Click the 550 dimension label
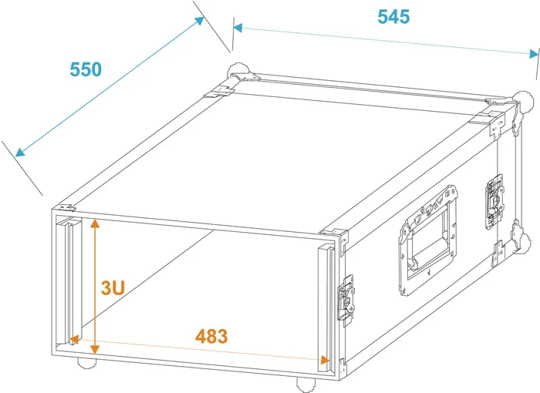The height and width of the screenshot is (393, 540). tap(86, 69)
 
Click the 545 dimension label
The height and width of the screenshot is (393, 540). tap(393, 16)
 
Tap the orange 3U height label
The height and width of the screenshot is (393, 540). tap(113, 287)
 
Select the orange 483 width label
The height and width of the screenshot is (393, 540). tap(211, 336)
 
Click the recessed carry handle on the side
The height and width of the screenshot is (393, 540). tap(428, 240)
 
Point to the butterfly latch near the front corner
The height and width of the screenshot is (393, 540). tap(346, 301)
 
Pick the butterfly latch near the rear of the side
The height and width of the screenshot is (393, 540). tap(495, 202)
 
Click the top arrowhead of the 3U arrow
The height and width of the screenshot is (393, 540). tap(95, 223)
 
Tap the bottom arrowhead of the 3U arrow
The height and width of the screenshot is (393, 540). tap(95, 349)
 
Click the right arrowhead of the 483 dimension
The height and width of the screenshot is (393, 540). tap(325, 360)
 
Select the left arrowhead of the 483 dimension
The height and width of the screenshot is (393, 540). tap(74, 340)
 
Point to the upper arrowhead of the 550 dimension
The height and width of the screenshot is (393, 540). tap(199, 20)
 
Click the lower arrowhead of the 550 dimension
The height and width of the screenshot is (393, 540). tap(20, 152)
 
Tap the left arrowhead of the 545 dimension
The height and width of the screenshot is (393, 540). tap(238, 28)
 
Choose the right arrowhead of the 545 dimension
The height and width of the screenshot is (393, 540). tap(534, 54)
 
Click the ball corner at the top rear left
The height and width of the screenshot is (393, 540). tap(238, 71)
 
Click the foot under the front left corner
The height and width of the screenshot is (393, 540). tap(86, 363)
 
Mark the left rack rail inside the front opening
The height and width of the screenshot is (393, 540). tap(69, 280)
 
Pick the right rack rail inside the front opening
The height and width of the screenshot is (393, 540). tap(326, 307)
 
